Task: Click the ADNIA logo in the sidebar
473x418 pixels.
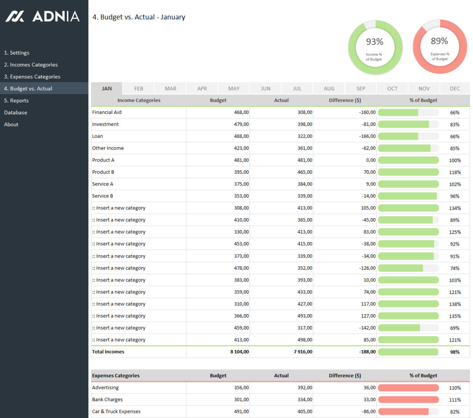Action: [42, 17]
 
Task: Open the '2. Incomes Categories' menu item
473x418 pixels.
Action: [31, 65]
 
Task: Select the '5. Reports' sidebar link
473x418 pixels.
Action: [16, 100]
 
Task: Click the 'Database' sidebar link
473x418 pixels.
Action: [15, 112]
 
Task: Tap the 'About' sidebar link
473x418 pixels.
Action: [11, 125]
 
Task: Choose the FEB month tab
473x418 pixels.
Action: [139, 88]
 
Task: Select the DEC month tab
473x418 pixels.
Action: [455, 88]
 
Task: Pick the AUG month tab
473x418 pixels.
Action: [329, 88]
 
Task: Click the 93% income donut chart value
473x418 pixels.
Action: [374, 42]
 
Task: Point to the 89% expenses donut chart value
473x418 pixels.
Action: [439, 41]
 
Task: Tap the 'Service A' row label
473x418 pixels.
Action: [103, 184]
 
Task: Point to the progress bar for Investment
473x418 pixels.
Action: [408, 124]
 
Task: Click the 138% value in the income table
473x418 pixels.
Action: [455, 304]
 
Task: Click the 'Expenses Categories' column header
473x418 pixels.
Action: [116, 375]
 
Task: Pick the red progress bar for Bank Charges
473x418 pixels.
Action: [408, 399]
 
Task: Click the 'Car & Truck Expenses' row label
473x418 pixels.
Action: [116, 412]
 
